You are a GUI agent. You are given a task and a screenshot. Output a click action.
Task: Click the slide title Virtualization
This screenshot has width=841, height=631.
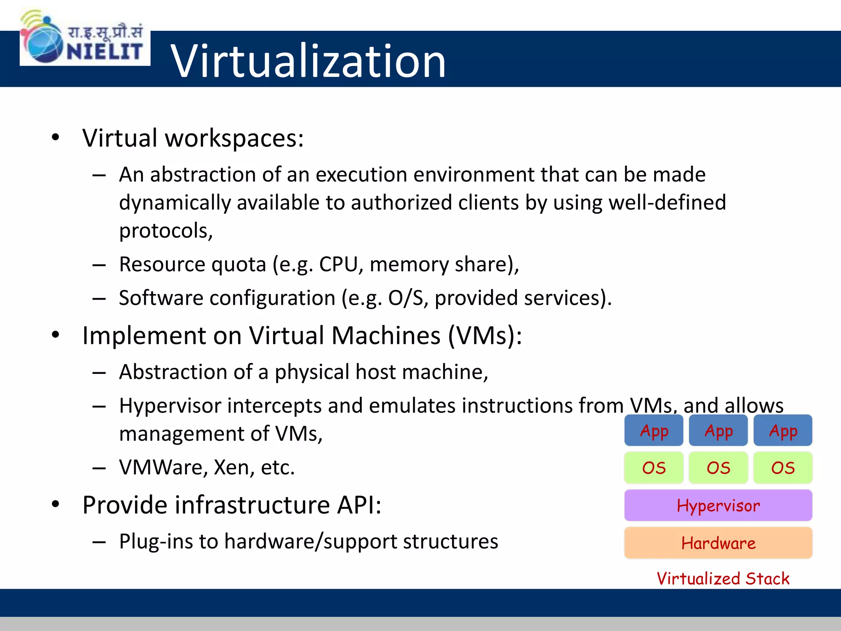coord(308,61)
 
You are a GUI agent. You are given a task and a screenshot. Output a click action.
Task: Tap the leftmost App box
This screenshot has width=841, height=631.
coord(654,431)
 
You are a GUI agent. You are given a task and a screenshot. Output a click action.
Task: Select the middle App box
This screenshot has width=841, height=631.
coord(718,431)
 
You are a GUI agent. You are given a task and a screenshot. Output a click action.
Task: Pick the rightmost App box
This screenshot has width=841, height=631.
coord(783,431)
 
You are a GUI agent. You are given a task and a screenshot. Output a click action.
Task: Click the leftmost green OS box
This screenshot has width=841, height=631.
coord(654,468)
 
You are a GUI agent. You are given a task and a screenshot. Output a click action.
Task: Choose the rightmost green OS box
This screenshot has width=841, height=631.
coord(783,468)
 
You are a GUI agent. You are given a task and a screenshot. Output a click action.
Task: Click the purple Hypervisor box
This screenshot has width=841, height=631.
coord(718,506)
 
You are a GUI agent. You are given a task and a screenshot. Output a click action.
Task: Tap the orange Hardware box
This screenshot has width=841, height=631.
coord(718,543)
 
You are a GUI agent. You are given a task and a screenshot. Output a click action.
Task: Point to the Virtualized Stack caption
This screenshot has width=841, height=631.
coord(723,578)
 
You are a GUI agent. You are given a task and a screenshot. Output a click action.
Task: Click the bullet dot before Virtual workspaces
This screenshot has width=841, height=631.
coord(55,137)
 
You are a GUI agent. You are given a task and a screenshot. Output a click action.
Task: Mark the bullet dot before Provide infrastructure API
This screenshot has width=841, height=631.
coord(55,504)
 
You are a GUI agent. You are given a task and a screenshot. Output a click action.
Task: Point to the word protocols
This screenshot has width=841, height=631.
coord(165,231)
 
